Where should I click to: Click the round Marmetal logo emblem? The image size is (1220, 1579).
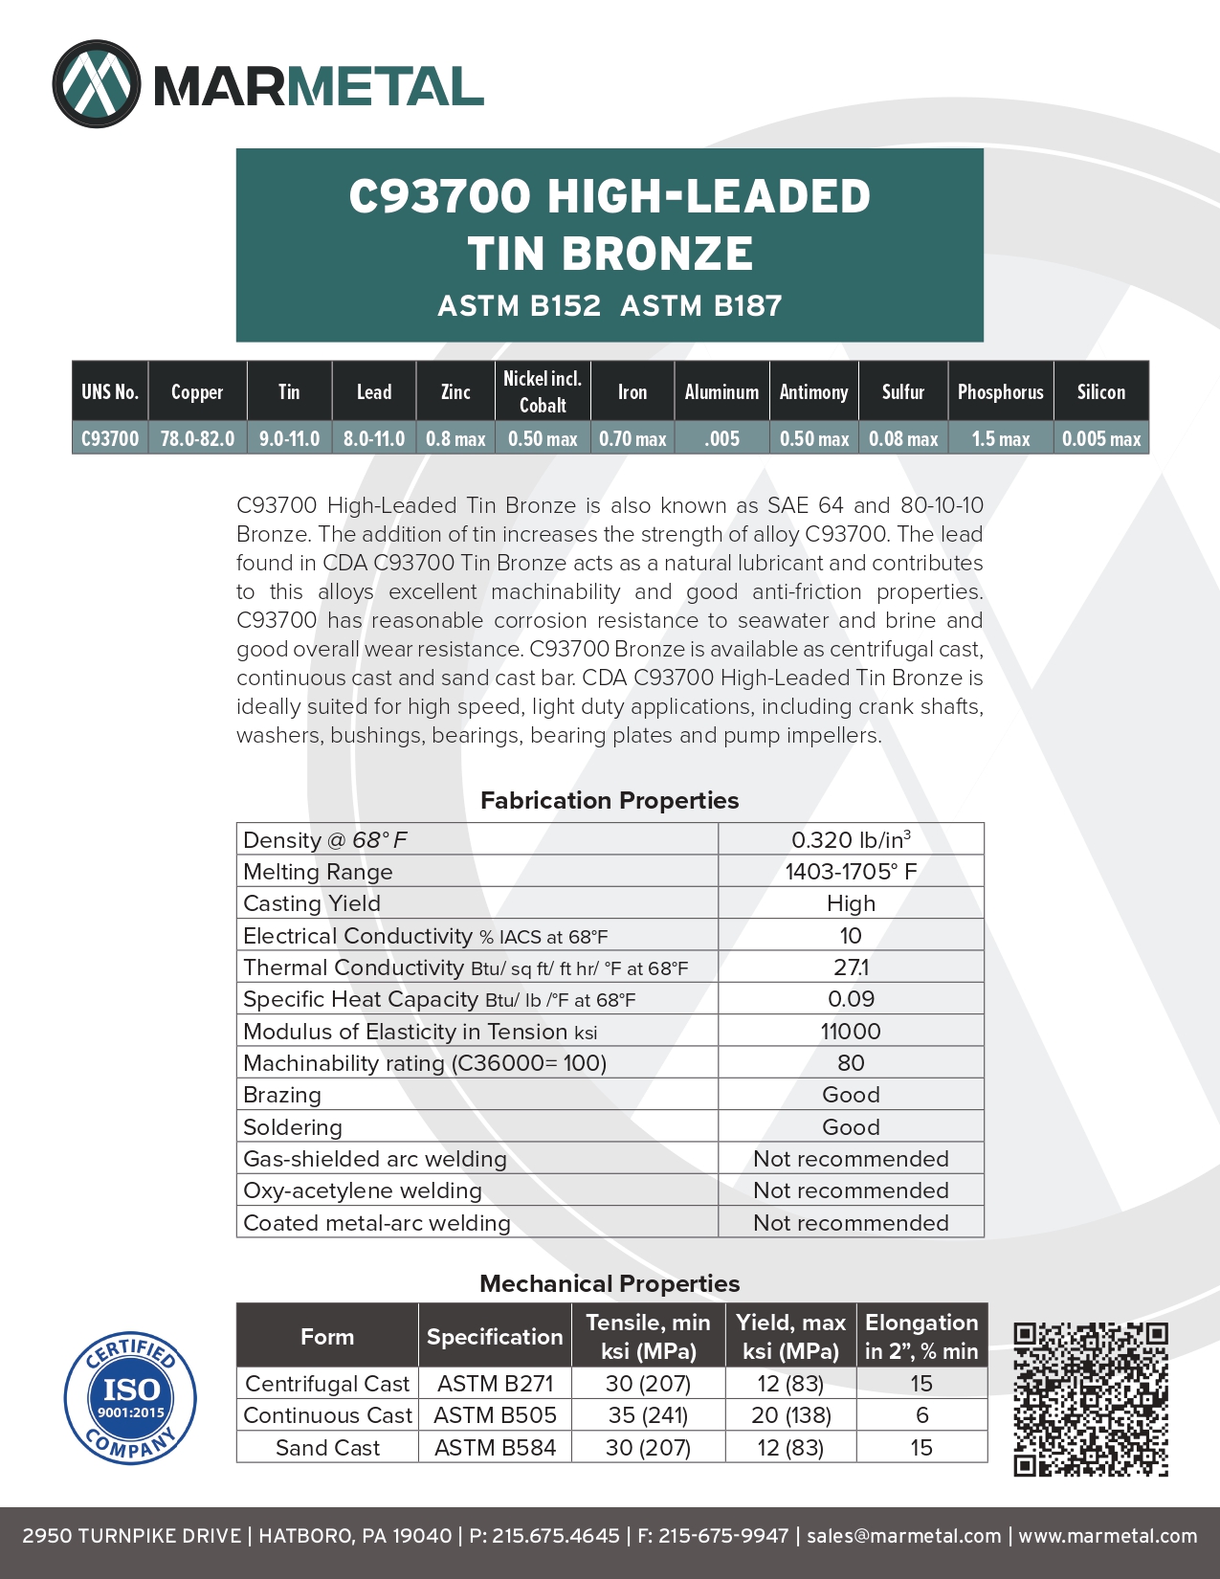pos(96,84)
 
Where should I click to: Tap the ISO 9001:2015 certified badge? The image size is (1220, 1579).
pos(130,1397)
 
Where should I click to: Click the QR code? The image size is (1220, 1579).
pos(1091,1399)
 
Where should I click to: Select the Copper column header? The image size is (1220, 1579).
pos(197,391)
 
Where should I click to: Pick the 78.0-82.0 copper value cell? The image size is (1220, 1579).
pos(197,438)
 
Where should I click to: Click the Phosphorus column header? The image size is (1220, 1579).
pos(1000,391)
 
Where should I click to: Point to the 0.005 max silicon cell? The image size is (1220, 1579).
pos(1101,438)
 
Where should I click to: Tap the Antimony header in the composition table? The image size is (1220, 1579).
pos(813,391)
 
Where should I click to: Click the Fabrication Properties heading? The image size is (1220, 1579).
pos(610,800)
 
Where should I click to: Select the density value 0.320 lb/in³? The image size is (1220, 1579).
pos(851,839)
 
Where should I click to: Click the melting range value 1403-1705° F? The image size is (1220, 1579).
pos(851,872)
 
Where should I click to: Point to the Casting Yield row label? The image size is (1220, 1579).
pos(312,903)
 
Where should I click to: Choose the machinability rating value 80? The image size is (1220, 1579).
pos(851,1063)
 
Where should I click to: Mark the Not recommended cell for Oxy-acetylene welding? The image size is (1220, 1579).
pos(851,1190)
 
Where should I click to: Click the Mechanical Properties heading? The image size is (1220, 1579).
pos(610,1283)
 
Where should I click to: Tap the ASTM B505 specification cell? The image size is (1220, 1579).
pos(495,1415)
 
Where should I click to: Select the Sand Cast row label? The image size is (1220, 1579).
pos(327,1448)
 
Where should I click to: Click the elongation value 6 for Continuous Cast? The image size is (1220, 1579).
pos(921,1415)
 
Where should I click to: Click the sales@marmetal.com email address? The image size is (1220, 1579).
pos(903,1536)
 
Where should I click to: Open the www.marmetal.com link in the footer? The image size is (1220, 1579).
pos(1107,1536)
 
